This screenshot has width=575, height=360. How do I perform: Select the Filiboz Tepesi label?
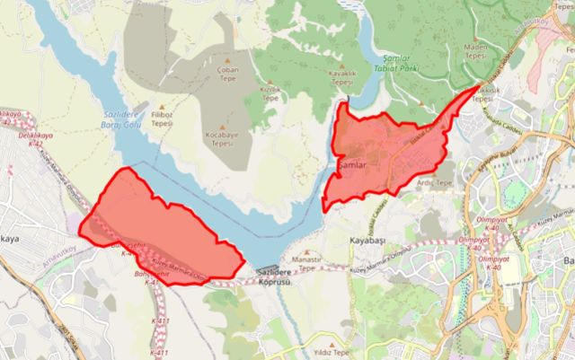coord(163,119)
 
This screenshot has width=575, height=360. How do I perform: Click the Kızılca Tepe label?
coord(270,93)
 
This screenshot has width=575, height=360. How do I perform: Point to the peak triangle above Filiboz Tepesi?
coord(163,106)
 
